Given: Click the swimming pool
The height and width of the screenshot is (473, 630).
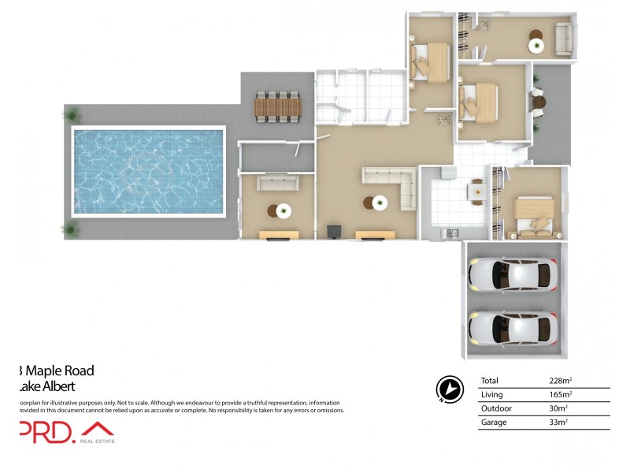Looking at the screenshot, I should click(148, 171).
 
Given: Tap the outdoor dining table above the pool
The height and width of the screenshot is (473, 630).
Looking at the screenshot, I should click(277, 106).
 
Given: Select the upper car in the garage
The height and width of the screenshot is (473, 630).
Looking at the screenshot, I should click(513, 274).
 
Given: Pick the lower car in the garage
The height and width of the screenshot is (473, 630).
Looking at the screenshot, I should click(513, 326).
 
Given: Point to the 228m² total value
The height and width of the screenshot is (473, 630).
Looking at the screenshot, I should click(560, 381).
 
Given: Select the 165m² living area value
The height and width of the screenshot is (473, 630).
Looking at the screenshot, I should click(560, 394).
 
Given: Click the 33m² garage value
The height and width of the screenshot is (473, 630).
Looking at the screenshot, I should click(558, 423).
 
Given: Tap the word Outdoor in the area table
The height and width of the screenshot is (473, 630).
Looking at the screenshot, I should click(495, 408).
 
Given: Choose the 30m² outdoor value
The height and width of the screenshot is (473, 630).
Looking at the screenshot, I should click(558, 408).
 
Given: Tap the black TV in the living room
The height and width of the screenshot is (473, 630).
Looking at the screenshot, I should click(333, 231).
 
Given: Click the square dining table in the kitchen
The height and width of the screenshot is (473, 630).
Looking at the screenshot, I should click(476, 192).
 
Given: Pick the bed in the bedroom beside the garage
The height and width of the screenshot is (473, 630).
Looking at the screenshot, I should click(534, 215).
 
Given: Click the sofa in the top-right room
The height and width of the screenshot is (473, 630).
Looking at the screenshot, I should click(563, 39).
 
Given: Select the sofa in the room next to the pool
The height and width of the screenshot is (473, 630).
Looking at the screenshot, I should click(278, 183).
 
